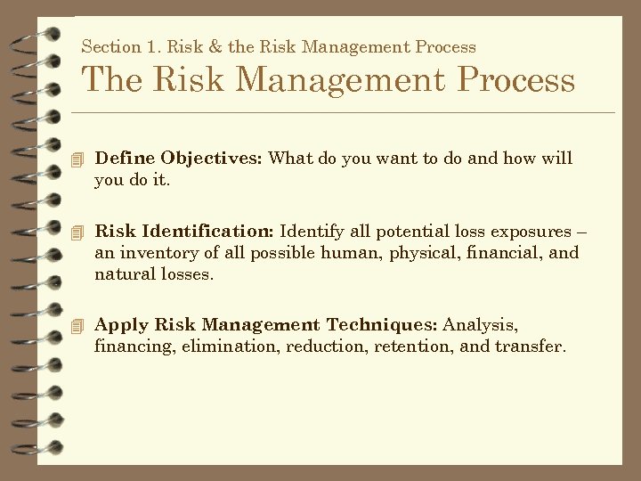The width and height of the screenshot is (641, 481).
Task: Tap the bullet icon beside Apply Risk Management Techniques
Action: [x=78, y=326]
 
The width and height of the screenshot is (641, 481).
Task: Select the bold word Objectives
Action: [x=210, y=159]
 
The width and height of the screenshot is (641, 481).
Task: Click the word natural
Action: [x=123, y=274]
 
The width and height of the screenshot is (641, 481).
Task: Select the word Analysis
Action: [x=481, y=325]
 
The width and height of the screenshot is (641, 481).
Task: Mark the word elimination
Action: [x=229, y=346]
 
